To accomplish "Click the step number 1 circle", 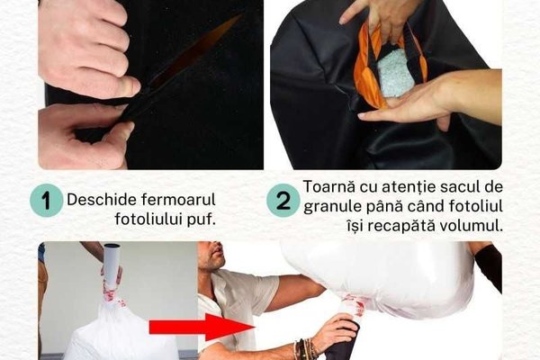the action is [x=46, y=200].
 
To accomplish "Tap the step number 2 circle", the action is [x=283, y=200].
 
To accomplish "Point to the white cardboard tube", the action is [x=112, y=263].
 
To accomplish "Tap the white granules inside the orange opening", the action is [x=391, y=74].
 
